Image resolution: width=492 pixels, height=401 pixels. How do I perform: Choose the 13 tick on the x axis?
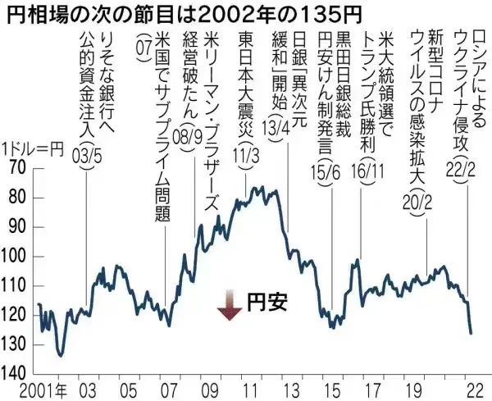(x=288, y=388)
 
